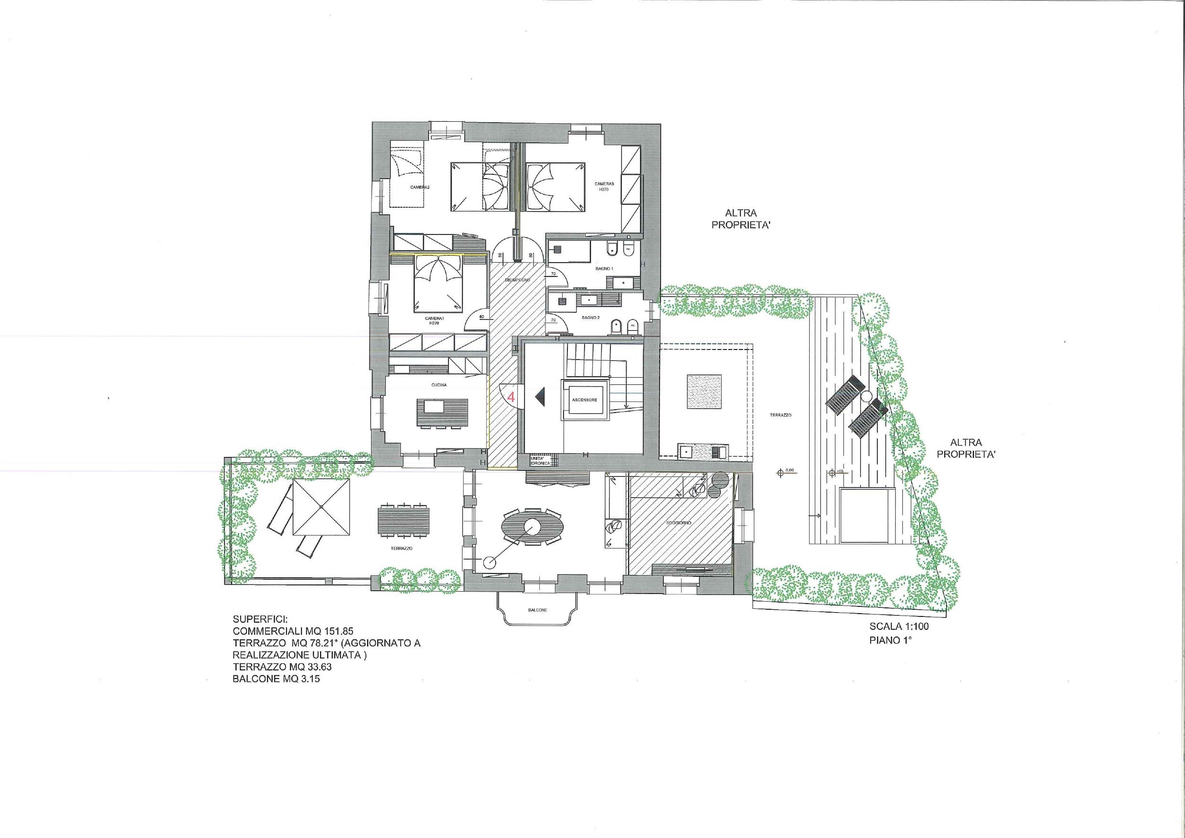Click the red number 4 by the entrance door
[x=511, y=397]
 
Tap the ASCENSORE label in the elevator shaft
[x=584, y=400]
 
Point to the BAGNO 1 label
[x=605, y=269]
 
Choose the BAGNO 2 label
[x=590, y=318]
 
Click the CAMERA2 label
[x=420, y=187]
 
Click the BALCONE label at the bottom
[x=537, y=610]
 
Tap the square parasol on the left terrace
[x=321, y=507]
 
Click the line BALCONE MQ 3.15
[x=276, y=679]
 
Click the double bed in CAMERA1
[x=438, y=286]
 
